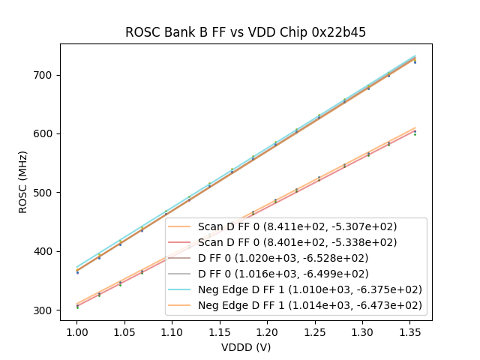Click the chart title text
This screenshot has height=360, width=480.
245,32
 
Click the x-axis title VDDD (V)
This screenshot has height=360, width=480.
245,347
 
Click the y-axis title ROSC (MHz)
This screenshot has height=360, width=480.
23,182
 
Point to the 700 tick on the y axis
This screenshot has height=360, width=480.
44,75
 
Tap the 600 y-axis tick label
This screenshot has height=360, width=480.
44,133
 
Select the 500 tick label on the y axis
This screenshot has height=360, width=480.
44,193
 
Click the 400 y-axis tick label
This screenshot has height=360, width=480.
44,251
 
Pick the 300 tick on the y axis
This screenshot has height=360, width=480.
44,310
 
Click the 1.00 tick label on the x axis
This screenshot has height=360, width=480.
76,330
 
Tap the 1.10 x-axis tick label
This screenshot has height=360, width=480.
172,330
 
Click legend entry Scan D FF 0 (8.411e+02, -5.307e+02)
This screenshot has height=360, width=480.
297,226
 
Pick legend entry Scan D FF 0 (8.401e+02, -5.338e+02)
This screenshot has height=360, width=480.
297,242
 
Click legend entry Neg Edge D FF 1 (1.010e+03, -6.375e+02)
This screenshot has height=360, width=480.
310,289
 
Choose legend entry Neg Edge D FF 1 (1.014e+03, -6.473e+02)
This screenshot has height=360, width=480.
310,305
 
